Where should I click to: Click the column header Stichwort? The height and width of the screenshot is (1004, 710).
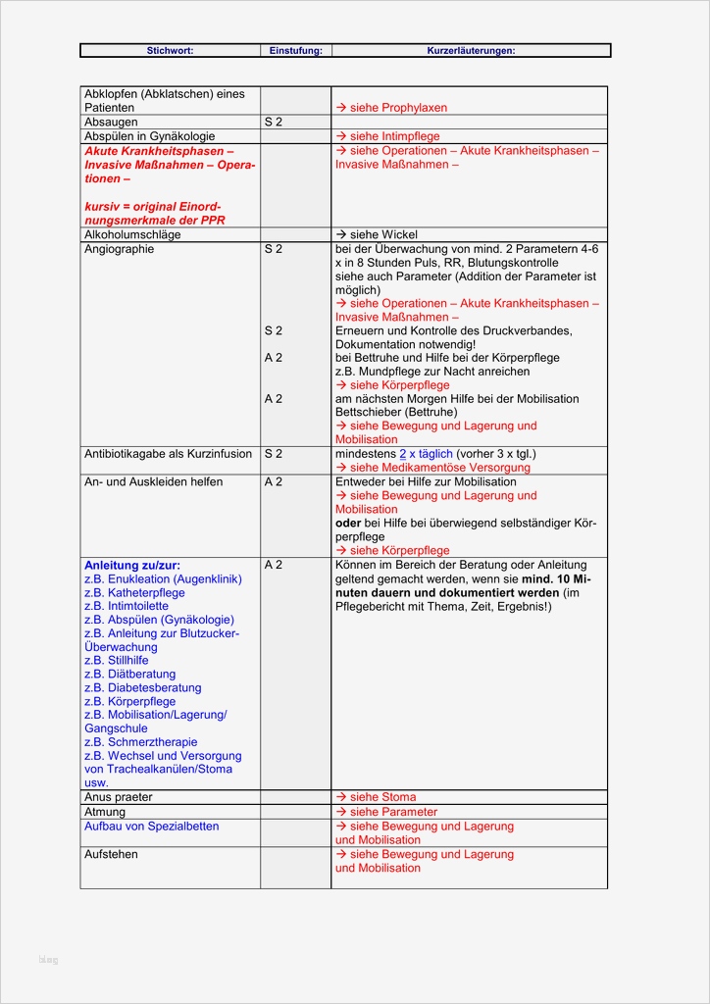(170, 50)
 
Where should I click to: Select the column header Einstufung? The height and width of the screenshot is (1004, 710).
(295, 50)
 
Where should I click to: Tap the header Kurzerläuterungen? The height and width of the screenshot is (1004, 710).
(471, 50)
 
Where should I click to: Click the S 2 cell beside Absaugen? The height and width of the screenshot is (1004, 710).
(274, 122)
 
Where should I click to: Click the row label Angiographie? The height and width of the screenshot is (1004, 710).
(120, 249)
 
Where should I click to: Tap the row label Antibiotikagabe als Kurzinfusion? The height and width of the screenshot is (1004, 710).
(168, 454)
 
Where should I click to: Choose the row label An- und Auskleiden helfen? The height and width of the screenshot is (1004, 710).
(153, 481)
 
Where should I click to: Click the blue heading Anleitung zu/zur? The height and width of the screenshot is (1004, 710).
(132, 565)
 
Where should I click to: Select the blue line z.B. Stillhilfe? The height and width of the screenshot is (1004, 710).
(117, 661)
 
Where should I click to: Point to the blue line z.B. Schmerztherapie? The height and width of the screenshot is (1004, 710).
(141, 742)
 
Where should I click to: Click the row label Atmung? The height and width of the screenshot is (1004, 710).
(105, 812)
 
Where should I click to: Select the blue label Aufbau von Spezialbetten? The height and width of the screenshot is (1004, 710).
(152, 826)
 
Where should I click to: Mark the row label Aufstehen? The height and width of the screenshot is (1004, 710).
(112, 854)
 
